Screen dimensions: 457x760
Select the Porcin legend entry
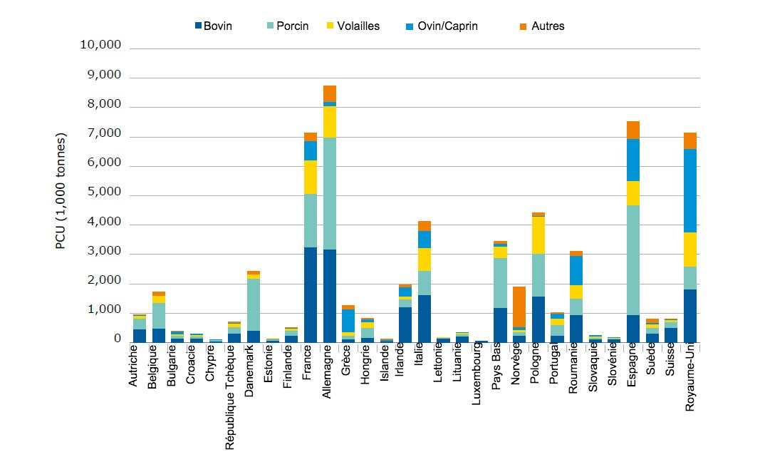pyautogui.click(x=288, y=26)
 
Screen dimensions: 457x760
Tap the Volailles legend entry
pyautogui.click(x=353, y=26)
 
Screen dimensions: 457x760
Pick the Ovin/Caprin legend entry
pyautogui.click(x=442, y=26)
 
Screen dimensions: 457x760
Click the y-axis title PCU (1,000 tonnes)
pyautogui.click(x=61, y=190)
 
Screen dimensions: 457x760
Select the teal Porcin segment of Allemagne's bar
pyautogui.click(x=330, y=193)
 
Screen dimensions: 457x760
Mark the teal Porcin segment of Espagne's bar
pyautogui.click(x=633, y=260)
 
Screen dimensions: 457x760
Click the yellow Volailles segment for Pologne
pyautogui.click(x=539, y=235)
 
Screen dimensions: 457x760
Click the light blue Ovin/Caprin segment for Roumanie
pyautogui.click(x=577, y=270)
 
